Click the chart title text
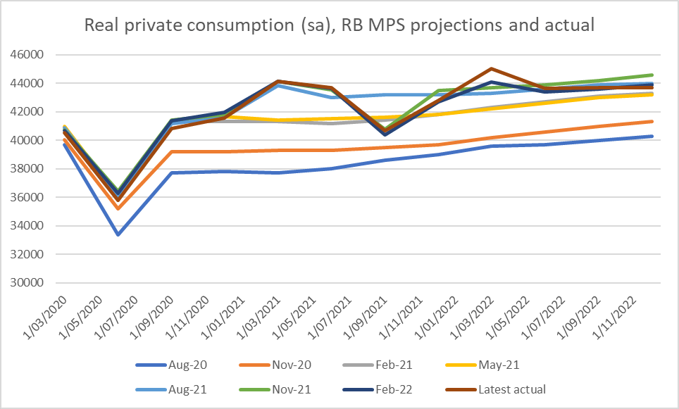[339, 26]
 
